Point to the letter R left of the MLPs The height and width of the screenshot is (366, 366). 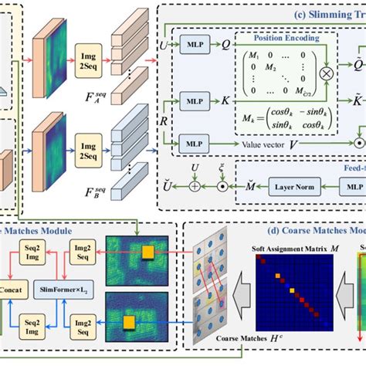tap(164, 120)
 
